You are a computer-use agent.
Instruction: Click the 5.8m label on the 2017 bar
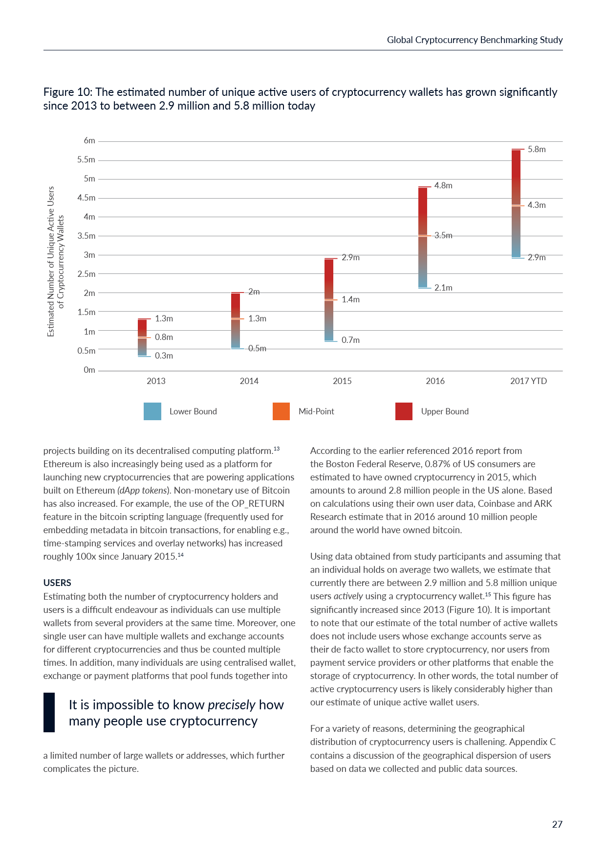pyautogui.click(x=536, y=149)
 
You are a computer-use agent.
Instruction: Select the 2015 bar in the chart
pyautogui.click(x=329, y=299)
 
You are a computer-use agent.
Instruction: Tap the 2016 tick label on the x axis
pyautogui.click(x=435, y=381)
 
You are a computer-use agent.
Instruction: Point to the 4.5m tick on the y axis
pyautogui.click(x=87, y=198)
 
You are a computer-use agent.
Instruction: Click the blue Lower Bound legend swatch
pyautogui.click(x=152, y=411)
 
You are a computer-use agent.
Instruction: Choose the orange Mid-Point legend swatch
pyautogui.click(x=281, y=411)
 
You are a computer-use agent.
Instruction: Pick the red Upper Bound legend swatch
pyautogui.click(x=404, y=411)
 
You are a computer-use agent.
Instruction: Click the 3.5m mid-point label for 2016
pyautogui.click(x=443, y=235)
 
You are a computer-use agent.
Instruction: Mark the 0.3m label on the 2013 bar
pyautogui.click(x=164, y=356)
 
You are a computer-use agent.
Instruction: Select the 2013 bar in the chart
pyautogui.click(x=142, y=338)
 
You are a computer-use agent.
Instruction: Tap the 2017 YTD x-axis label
pyautogui.click(x=528, y=381)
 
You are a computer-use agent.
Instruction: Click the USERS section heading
pyautogui.click(x=57, y=583)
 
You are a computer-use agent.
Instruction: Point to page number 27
pyautogui.click(x=557, y=824)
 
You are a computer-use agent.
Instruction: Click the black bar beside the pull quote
pyautogui.click(x=49, y=712)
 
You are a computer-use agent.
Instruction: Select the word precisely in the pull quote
pyautogui.click(x=231, y=705)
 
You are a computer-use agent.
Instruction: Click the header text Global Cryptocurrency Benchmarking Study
pyautogui.click(x=475, y=40)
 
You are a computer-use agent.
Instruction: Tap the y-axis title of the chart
pyautogui.click(x=56, y=261)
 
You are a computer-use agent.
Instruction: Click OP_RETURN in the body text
pyautogui.click(x=258, y=503)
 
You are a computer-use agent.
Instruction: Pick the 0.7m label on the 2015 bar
pyautogui.click(x=350, y=340)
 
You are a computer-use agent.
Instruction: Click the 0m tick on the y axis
pyautogui.click(x=89, y=370)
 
